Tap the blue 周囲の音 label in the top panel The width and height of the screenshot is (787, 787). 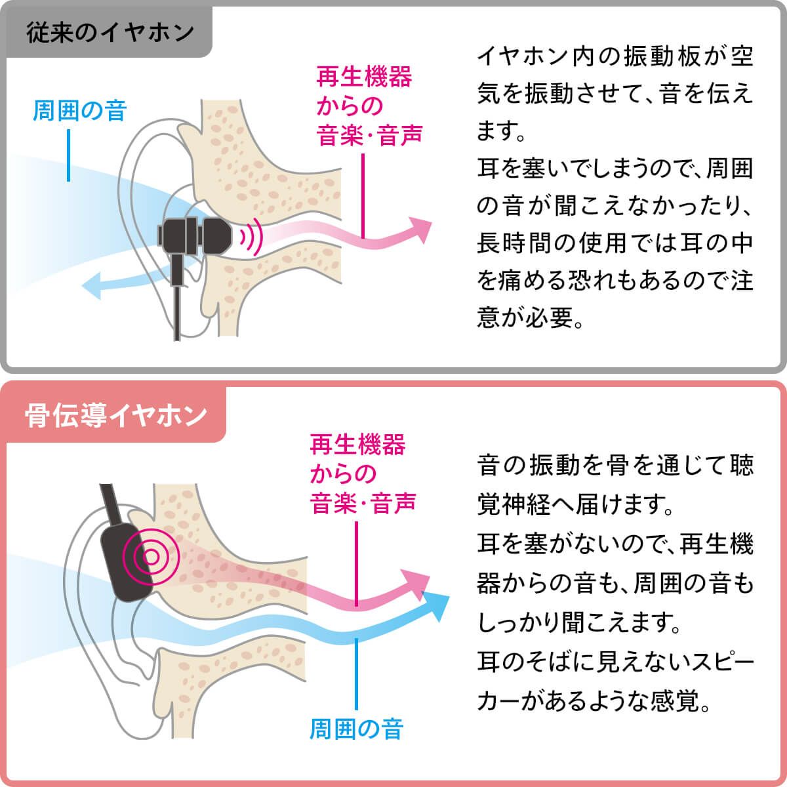coord(79,111)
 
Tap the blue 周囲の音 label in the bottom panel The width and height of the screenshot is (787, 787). coord(356,729)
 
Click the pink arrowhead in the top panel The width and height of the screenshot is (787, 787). coord(420,229)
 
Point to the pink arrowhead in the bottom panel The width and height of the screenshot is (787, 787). coord(417,584)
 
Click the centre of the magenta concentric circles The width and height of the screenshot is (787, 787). coord(151,557)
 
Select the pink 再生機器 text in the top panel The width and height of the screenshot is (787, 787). coord(364,77)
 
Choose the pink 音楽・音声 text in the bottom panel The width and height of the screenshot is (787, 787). coord(363,504)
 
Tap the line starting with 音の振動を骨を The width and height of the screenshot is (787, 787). coord(615,466)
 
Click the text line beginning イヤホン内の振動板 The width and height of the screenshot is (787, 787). coord(615,56)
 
